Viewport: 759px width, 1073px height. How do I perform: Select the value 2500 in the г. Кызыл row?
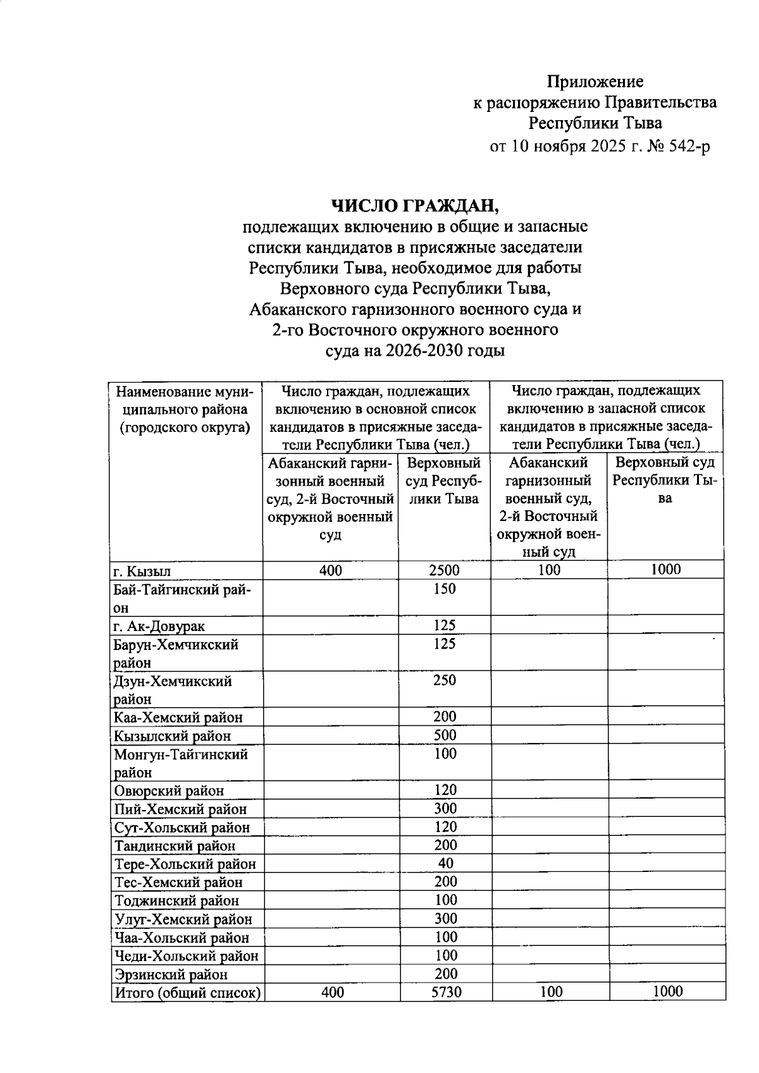pos(444,570)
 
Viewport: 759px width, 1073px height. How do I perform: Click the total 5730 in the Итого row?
pos(446,992)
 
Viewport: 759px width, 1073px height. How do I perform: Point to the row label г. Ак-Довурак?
pos(159,626)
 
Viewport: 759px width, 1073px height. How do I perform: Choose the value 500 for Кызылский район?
pos(445,735)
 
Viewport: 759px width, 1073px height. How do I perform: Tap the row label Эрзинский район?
pos(171,974)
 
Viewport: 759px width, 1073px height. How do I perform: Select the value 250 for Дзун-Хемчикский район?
pos(445,681)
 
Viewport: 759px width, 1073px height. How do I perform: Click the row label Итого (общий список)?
pos(187,993)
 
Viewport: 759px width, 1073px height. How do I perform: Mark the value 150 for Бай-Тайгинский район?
pos(445,589)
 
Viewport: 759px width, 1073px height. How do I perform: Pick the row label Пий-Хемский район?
pos(180,809)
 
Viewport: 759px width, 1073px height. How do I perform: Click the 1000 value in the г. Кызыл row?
pos(665,570)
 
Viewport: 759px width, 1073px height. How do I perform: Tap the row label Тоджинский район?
pos(176,901)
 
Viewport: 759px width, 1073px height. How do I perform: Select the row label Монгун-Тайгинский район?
pos(181,763)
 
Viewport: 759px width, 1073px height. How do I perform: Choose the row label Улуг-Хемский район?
pos(183,919)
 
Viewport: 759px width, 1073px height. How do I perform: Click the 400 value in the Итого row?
pos(332,992)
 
